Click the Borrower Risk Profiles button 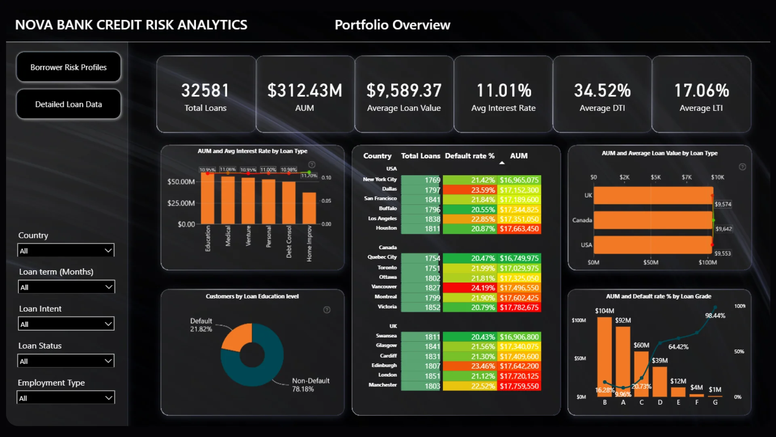coord(68,67)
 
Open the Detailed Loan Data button coord(68,104)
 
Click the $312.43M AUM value coord(305,91)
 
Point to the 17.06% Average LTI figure coord(701,91)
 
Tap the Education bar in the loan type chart coord(207,198)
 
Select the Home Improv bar coord(309,208)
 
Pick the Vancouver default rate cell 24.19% coord(470,288)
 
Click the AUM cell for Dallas coord(519,190)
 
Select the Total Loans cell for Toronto coord(420,268)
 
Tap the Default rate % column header coord(470,156)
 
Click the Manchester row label coord(382,385)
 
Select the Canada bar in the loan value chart coord(653,220)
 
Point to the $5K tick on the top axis coord(656,177)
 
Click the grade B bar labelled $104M coord(605,352)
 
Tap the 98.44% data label coord(715,316)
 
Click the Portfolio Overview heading coord(392,25)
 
